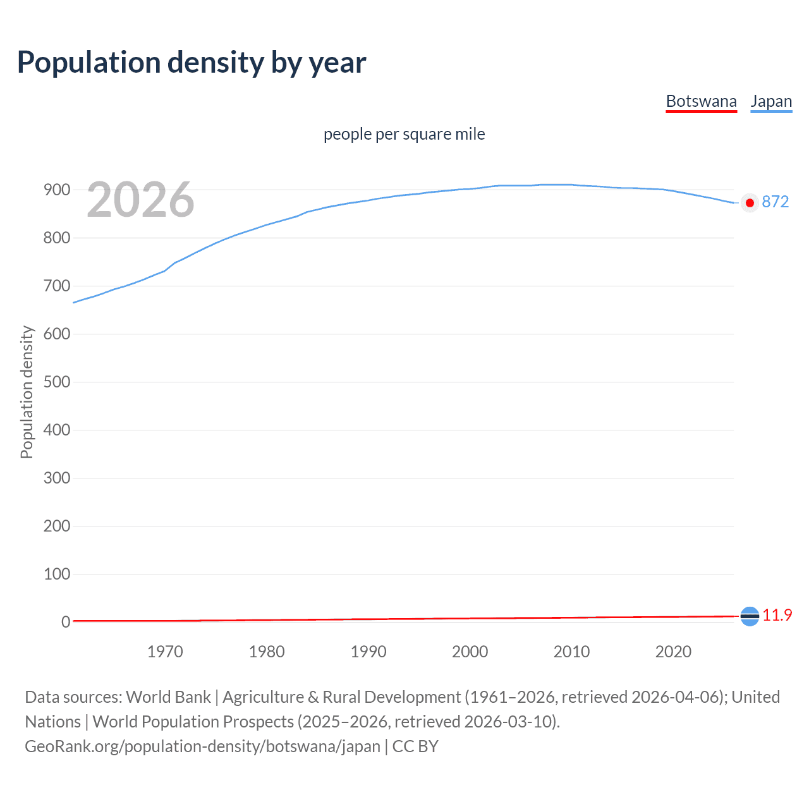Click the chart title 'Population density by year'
[192, 63]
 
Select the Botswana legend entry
[701, 101]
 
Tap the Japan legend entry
[771, 101]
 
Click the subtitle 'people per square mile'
[404, 134]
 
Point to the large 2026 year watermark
[140, 200]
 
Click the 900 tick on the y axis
[56, 190]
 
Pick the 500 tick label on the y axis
[56, 382]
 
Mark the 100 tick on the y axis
[56, 574]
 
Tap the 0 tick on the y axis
[65, 622]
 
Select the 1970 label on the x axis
[165, 652]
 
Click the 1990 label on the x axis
[368, 652]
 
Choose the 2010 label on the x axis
[571, 652]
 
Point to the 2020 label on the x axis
[673, 652]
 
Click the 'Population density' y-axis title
[27, 392]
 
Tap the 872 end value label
[775, 202]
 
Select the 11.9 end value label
[777, 615]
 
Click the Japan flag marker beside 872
[750, 203]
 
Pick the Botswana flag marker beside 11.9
[750, 616]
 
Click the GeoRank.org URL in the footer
[202, 746]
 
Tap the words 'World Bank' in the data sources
[168, 697]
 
